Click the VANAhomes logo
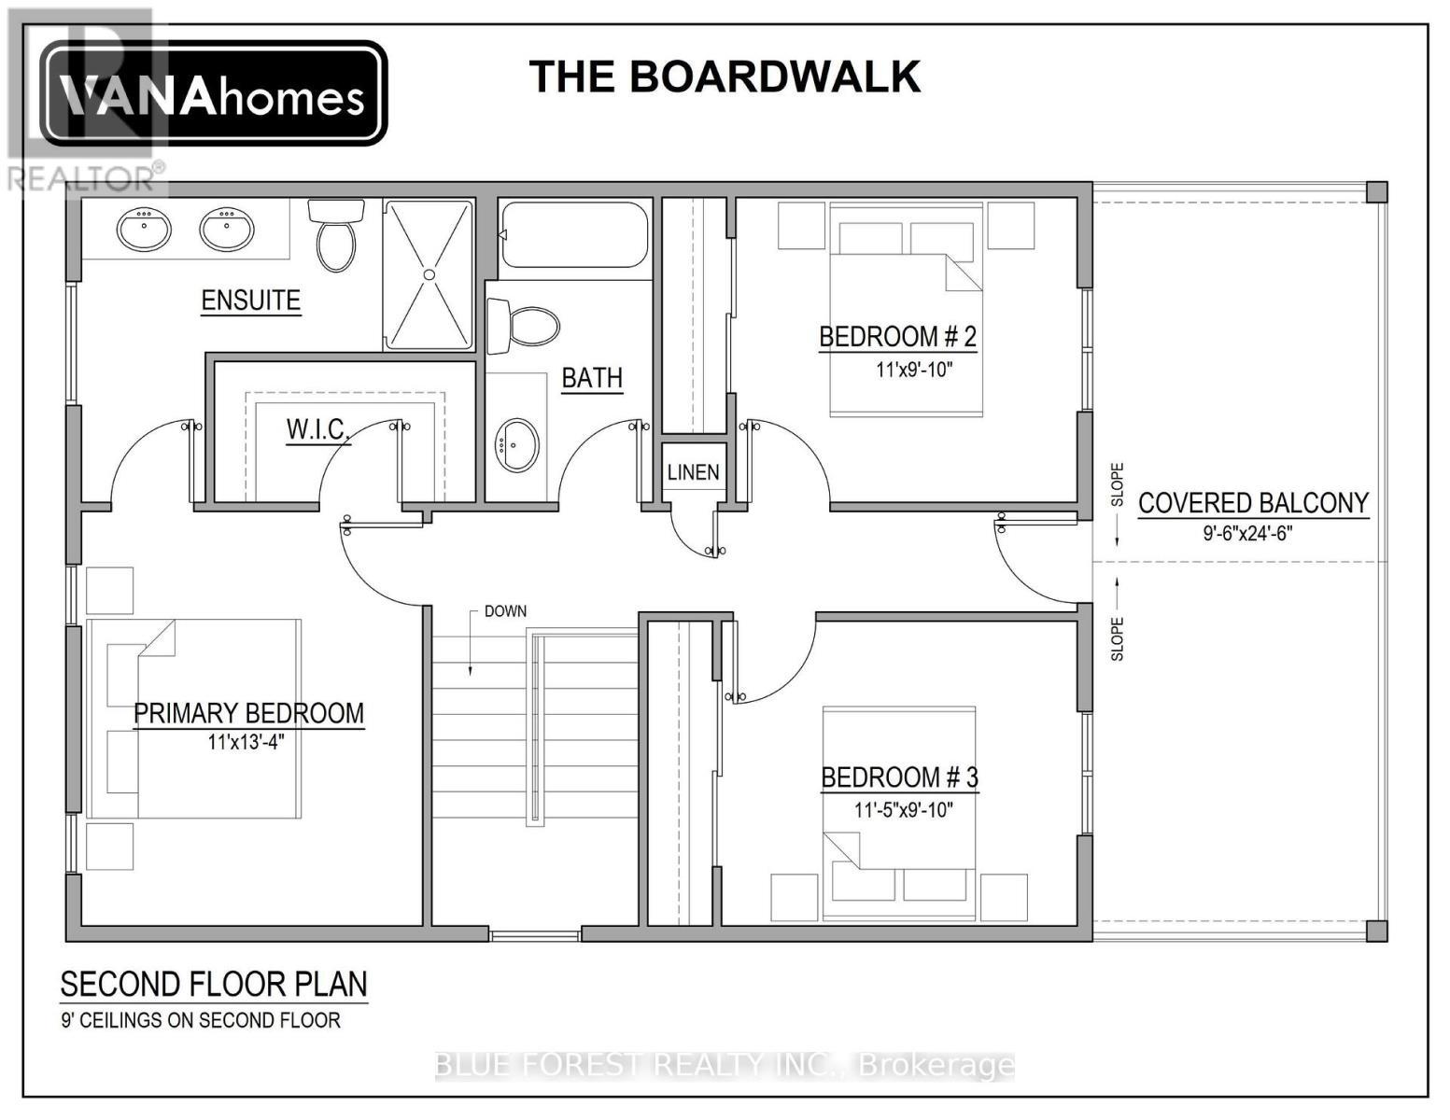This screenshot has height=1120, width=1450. point(213,93)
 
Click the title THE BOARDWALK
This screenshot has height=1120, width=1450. point(725,77)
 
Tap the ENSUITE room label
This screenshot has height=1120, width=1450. point(250,301)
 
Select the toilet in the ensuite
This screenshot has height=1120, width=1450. point(335,238)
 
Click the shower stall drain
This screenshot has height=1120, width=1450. point(429,274)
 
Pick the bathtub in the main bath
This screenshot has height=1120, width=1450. point(574,235)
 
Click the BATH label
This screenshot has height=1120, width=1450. point(592,378)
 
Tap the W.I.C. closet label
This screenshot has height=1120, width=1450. point(317,429)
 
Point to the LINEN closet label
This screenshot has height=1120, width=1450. point(693,472)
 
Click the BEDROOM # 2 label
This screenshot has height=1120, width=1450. point(897,337)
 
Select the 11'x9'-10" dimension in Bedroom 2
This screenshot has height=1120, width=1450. point(913,370)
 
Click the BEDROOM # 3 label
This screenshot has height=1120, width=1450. point(899,777)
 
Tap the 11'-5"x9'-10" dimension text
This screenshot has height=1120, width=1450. point(903,810)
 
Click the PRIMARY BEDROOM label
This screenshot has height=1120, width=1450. point(248,713)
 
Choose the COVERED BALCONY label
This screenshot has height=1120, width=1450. point(1253,503)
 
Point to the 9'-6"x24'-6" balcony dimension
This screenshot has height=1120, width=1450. point(1247,534)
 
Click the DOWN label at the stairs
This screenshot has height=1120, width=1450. point(505,611)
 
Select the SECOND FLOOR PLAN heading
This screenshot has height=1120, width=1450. point(214,985)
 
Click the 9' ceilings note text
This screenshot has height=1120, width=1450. point(201,1020)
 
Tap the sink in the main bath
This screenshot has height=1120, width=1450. point(516,445)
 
